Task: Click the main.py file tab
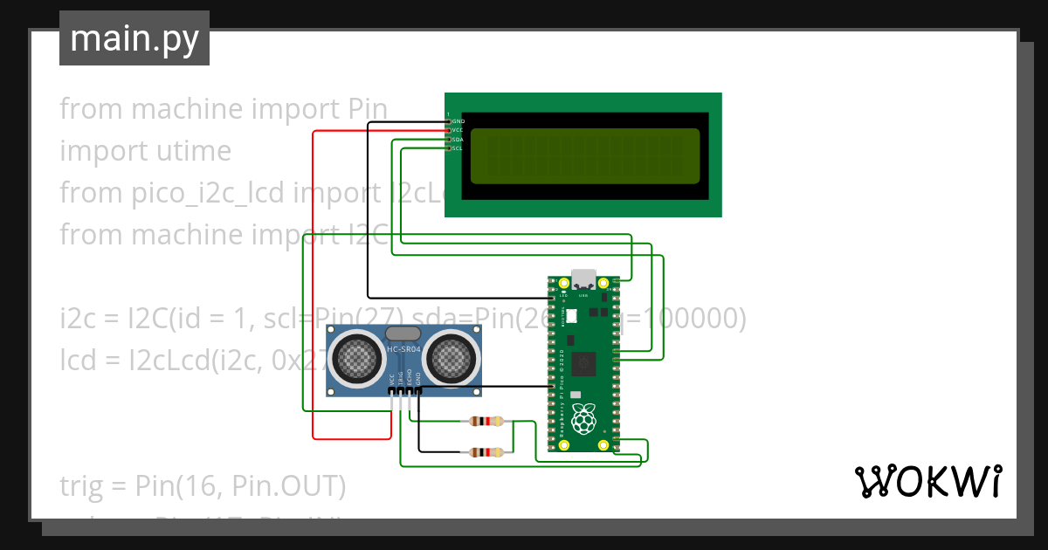click(x=134, y=38)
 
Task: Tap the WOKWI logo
click(x=927, y=481)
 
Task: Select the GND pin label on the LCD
click(x=458, y=121)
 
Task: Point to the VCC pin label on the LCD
click(x=458, y=130)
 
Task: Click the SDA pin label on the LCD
click(x=458, y=140)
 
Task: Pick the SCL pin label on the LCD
click(x=458, y=148)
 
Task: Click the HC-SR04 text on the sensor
click(x=403, y=351)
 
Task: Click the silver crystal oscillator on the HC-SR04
click(x=403, y=333)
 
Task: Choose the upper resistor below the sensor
click(x=486, y=421)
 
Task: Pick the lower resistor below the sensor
click(x=486, y=452)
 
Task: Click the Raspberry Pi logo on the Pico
click(x=583, y=419)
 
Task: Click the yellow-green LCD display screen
click(x=585, y=156)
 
